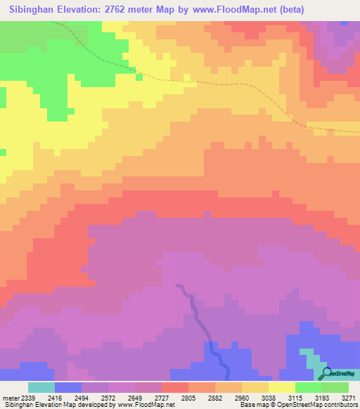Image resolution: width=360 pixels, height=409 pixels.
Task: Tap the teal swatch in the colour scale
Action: (x=41, y=387)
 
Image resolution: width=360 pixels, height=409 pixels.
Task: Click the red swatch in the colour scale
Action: (x=174, y=387)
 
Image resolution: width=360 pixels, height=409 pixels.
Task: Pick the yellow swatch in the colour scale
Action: (x=281, y=387)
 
